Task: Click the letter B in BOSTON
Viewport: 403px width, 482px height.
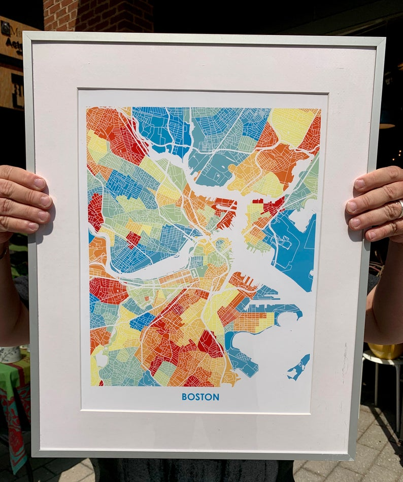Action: coord(184,397)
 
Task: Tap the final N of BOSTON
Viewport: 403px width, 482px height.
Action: coord(217,397)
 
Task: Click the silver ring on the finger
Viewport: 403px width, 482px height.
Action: coord(400,209)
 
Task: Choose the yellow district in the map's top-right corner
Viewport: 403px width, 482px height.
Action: coord(291,125)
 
